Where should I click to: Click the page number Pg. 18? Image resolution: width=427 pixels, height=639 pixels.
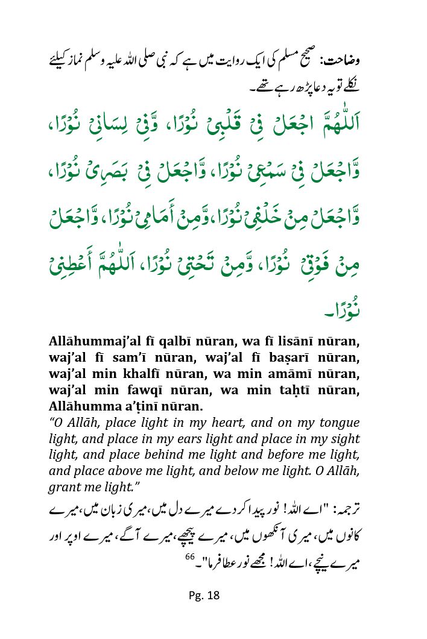[x=204, y=596]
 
